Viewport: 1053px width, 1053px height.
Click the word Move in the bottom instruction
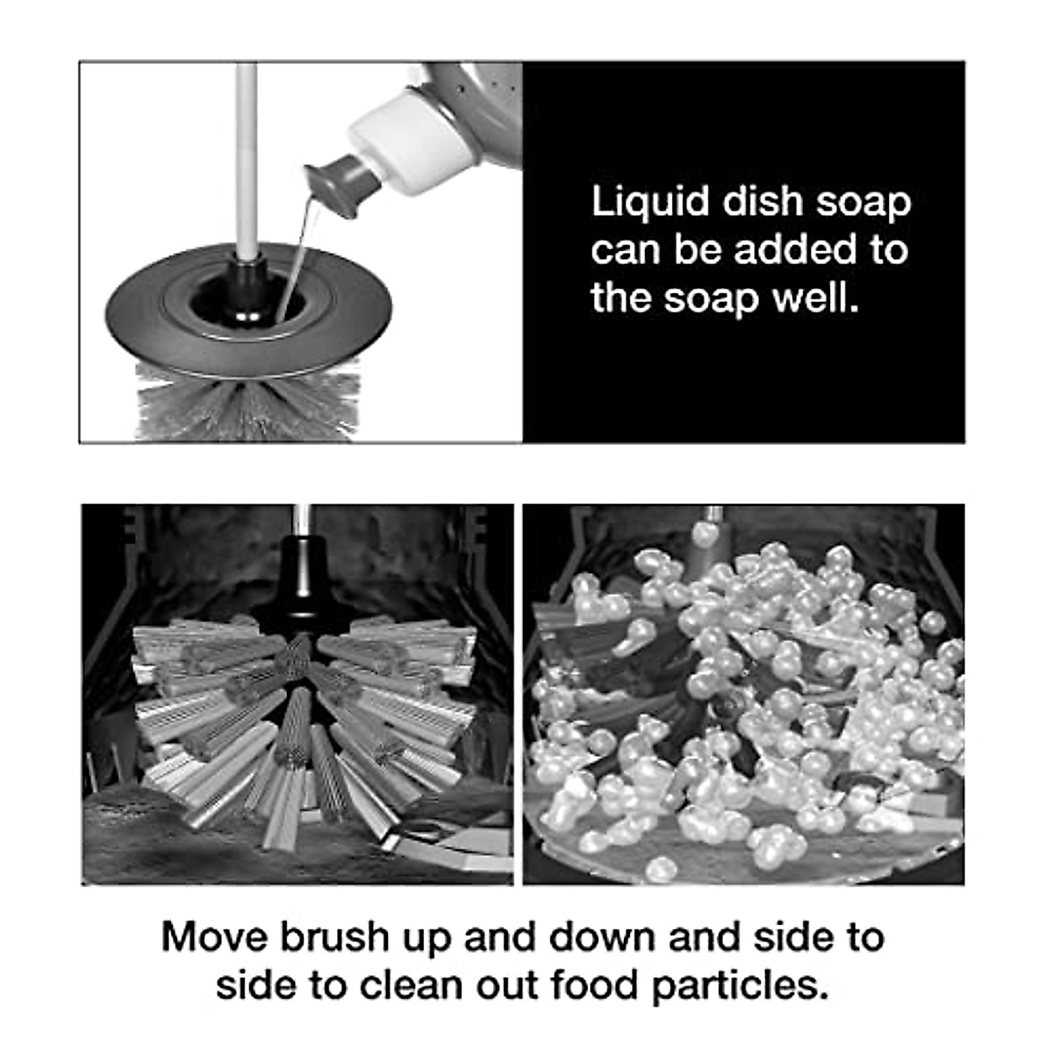point(213,937)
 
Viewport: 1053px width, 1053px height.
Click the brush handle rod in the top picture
point(247,149)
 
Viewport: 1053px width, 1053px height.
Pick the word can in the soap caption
point(625,250)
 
